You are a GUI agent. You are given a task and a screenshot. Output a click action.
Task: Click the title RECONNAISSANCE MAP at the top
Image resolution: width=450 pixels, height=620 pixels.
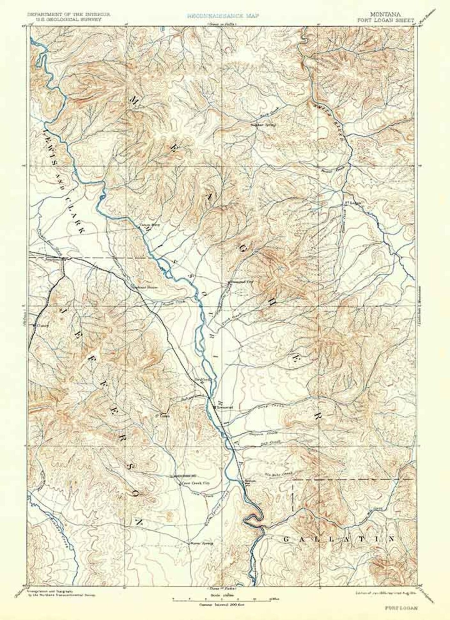[x=223, y=15]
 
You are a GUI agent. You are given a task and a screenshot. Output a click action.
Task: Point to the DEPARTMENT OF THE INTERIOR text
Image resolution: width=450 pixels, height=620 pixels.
[x=69, y=14]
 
